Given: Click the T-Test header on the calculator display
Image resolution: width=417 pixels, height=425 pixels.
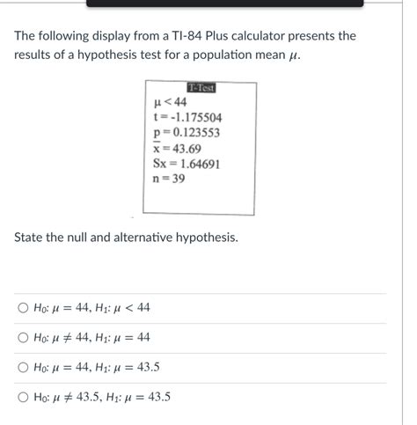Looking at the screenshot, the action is pos(201,88).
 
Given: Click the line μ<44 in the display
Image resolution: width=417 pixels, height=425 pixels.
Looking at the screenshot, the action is pos(170,102).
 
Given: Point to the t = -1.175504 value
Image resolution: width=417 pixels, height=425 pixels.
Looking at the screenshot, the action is pos(187,118).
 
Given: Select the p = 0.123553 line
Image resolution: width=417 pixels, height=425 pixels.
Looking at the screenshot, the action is pos(186,134).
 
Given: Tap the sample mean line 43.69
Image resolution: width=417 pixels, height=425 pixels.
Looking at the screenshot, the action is pos(177,149).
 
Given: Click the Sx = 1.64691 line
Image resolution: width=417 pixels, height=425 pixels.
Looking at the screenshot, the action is pos(187,165).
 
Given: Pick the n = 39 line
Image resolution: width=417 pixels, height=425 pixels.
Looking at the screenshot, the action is pos(169,180).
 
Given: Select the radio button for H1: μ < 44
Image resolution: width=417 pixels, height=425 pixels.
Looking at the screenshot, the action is pos(23,308).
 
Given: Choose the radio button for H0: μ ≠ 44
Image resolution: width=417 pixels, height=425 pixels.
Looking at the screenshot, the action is pos(23,338).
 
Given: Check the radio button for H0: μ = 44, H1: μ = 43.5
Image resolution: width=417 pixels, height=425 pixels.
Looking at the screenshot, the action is pos(23,367).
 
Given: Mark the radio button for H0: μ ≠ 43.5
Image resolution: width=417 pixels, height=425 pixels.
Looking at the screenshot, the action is pos(23,397).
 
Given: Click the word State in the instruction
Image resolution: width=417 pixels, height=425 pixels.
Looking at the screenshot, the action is pos(32,238).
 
